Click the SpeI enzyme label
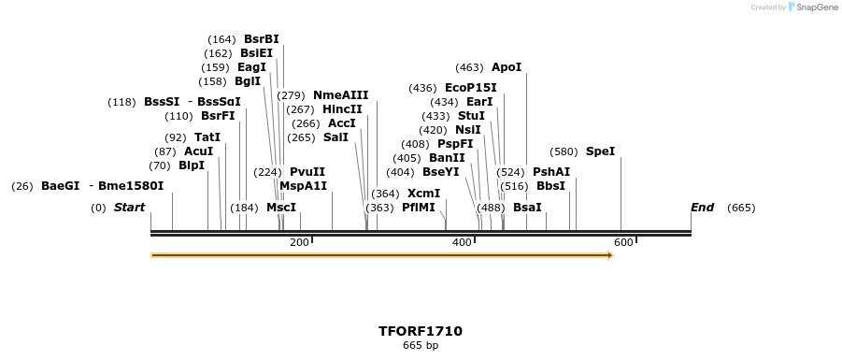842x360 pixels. click(600, 151)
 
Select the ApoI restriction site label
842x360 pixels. click(507, 67)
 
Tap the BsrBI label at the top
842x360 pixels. click(261, 39)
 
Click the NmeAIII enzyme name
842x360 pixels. click(340, 95)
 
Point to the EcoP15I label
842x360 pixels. click(470, 88)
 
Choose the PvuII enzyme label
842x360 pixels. click(307, 172)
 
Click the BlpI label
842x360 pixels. click(191, 166)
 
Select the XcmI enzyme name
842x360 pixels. click(423, 194)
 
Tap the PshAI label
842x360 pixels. click(550, 172)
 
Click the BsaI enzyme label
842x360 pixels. click(527, 208)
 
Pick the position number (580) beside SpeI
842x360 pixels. click(564, 151)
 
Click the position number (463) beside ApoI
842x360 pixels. click(469, 67)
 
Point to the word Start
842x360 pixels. click(129, 208)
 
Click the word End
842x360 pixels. click(702, 208)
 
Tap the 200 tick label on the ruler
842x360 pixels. click(299, 243)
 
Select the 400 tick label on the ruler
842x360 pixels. click(462, 243)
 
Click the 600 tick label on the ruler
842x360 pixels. click(623, 243)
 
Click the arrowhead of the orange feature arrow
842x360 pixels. click(609, 254)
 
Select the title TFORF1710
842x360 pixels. click(421, 331)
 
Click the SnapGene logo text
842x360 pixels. click(817, 7)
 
